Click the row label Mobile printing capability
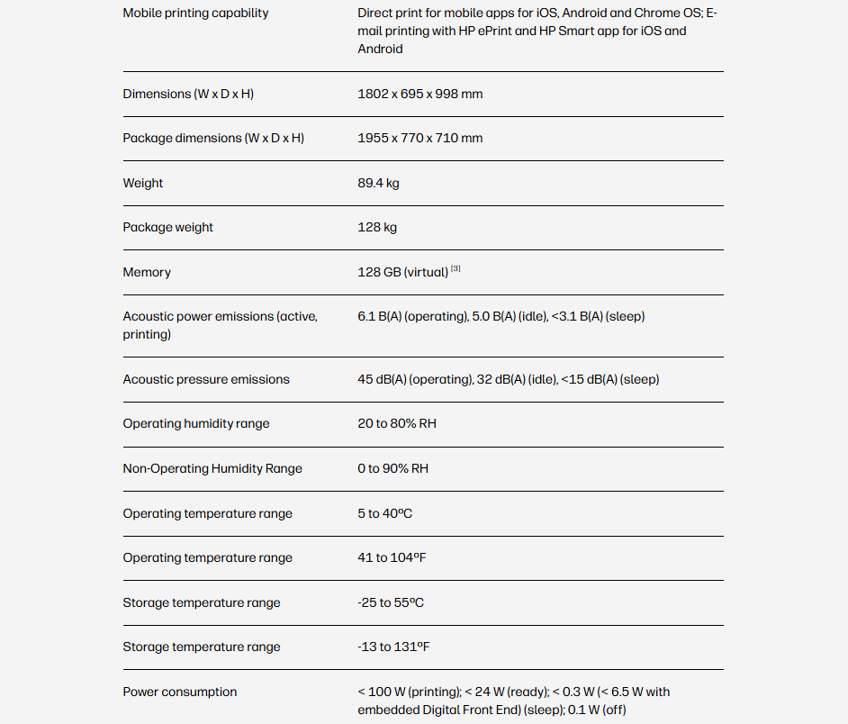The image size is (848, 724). pos(195,14)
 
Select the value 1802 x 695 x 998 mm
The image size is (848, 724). pos(419,94)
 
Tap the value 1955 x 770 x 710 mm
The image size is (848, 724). pos(419,138)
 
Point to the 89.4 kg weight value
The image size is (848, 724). pos(378,183)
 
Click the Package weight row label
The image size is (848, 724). pos(168,227)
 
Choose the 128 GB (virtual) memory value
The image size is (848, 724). pos(402,272)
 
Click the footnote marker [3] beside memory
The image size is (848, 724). pos(456,268)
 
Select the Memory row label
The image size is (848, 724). pos(147,272)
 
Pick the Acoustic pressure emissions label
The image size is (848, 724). pos(206,379)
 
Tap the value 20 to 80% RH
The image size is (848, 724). pos(397,423)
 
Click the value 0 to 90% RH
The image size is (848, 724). pos(392,468)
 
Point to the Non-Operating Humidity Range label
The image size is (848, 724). pos(212,468)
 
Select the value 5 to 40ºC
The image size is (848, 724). pos(385,513)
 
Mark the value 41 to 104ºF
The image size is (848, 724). pos(392,557)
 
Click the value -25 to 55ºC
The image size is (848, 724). pos(391,602)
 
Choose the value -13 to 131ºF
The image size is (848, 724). pos(394,647)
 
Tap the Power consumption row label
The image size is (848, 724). pos(180,692)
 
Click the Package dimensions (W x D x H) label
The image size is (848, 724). pos(213,138)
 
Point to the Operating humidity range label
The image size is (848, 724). pos(196,423)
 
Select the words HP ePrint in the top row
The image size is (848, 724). pos(485,32)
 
